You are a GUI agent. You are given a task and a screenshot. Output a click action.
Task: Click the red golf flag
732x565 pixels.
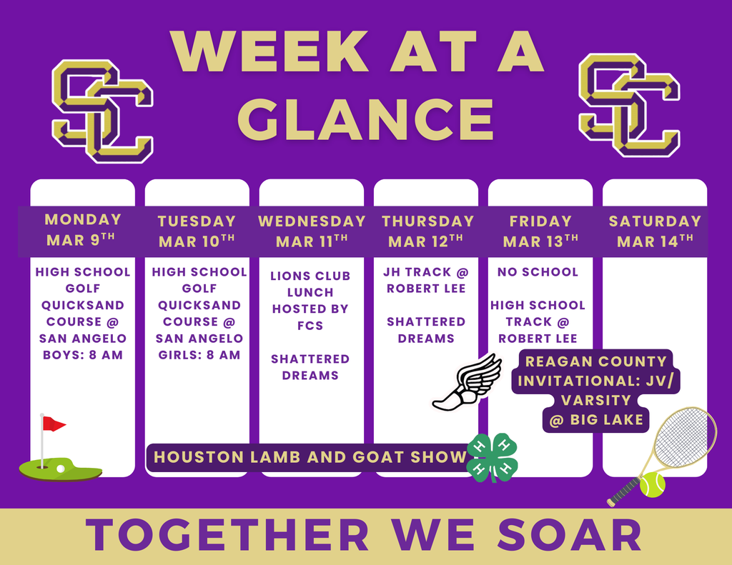pyautogui.click(x=54, y=424)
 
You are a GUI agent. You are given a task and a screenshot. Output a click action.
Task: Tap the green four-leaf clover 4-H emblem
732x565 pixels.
pyautogui.click(x=493, y=458)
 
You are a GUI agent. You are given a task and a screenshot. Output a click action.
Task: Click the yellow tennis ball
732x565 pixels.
pyautogui.click(x=652, y=484)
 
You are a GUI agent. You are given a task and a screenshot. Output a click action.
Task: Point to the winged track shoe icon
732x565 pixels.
pyautogui.click(x=467, y=383)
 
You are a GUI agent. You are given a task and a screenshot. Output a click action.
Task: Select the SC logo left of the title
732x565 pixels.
pyautogui.click(x=102, y=111)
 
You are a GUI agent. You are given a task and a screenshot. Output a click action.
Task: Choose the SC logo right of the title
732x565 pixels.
pyautogui.click(x=629, y=105)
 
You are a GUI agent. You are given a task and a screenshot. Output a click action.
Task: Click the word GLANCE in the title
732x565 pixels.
pyautogui.click(x=365, y=119)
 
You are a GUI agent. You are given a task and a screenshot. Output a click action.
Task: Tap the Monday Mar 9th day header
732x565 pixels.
pyautogui.click(x=81, y=230)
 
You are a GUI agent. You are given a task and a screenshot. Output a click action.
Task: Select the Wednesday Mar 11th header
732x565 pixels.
pyautogui.click(x=312, y=231)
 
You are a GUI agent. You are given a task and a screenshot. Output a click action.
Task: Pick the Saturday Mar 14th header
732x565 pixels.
pyautogui.click(x=655, y=231)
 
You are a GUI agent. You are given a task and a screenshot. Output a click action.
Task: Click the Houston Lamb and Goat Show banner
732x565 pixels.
pyautogui.click(x=310, y=457)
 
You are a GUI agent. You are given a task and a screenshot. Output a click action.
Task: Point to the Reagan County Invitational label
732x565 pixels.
pyautogui.click(x=595, y=391)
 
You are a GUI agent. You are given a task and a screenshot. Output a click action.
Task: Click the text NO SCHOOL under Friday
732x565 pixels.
pyautogui.click(x=538, y=272)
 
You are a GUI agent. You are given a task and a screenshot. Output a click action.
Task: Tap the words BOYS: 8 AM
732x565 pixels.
pyautogui.click(x=83, y=355)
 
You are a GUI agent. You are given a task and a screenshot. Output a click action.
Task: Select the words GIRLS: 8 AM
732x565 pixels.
pyautogui.click(x=199, y=355)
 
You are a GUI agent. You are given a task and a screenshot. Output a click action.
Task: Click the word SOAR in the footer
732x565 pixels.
pyautogui.click(x=569, y=535)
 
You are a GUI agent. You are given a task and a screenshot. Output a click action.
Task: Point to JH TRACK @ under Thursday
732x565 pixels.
pyautogui.click(x=426, y=272)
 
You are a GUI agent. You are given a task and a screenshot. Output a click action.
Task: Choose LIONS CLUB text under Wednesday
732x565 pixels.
pyautogui.click(x=310, y=276)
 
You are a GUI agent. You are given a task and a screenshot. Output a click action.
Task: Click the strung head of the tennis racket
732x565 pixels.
pyautogui.click(x=684, y=439)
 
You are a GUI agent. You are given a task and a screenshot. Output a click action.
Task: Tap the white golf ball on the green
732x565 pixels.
pyautogui.click(x=60, y=469)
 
